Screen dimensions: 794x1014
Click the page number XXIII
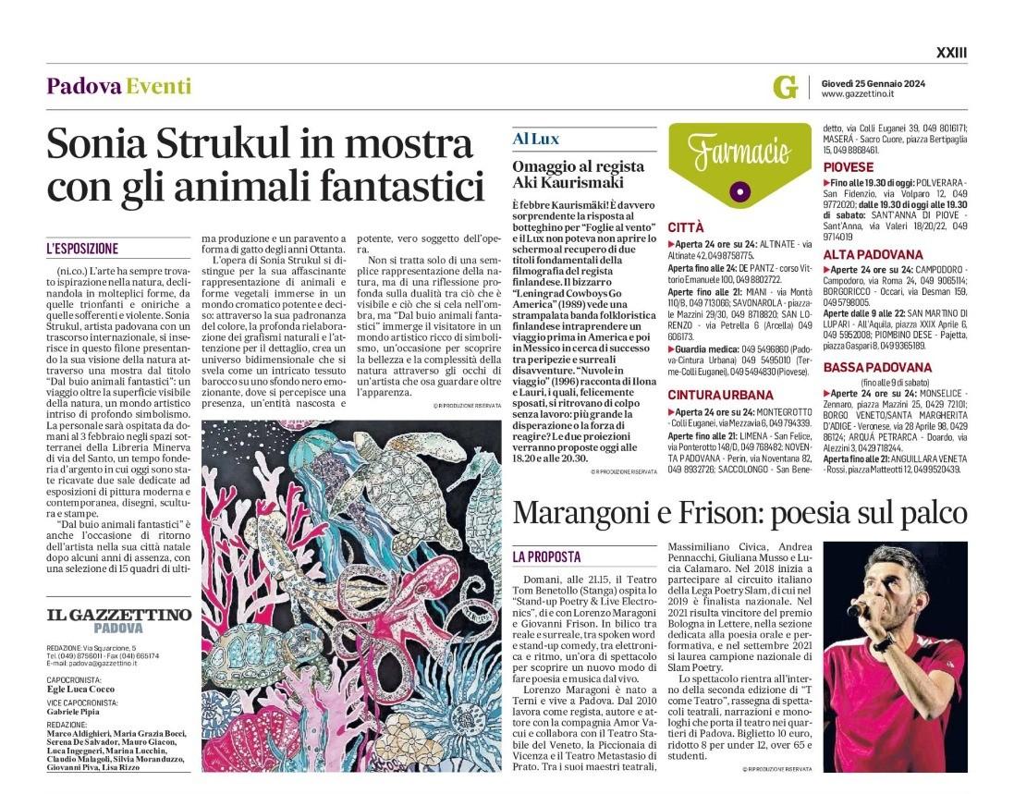[951, 54]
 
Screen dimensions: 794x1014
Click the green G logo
[785, 87]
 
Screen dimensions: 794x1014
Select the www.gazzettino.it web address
[857, 93]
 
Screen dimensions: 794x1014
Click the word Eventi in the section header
[159, 86]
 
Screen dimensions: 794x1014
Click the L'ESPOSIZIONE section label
[82, 249]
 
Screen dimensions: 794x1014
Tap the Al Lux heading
[536, 139]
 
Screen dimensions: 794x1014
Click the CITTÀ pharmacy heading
[686, 226]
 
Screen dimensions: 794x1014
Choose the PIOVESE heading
[848, 167]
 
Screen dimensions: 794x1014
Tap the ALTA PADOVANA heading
[873, 254]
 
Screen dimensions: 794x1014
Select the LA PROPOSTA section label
[547, 556]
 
